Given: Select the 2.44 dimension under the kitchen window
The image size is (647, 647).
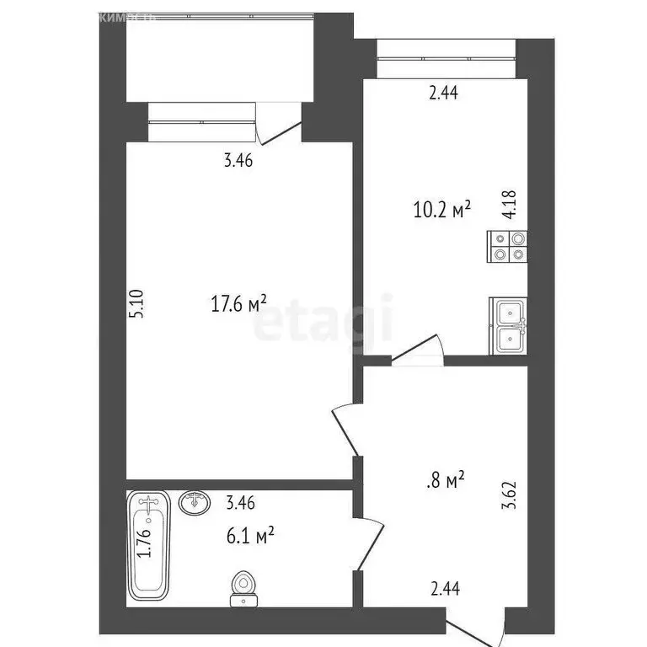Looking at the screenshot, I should [x=443, y=94].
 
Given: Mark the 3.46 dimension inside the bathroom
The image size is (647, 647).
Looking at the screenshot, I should [x=240, y=505].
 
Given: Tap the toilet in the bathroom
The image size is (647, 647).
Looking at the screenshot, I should [x=243, y=588].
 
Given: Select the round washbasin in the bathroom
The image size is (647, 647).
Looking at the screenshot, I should [x=196, y=503].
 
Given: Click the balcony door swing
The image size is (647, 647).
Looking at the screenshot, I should [x=278, y=128].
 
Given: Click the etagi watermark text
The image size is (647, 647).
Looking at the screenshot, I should [x=323, y=324].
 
